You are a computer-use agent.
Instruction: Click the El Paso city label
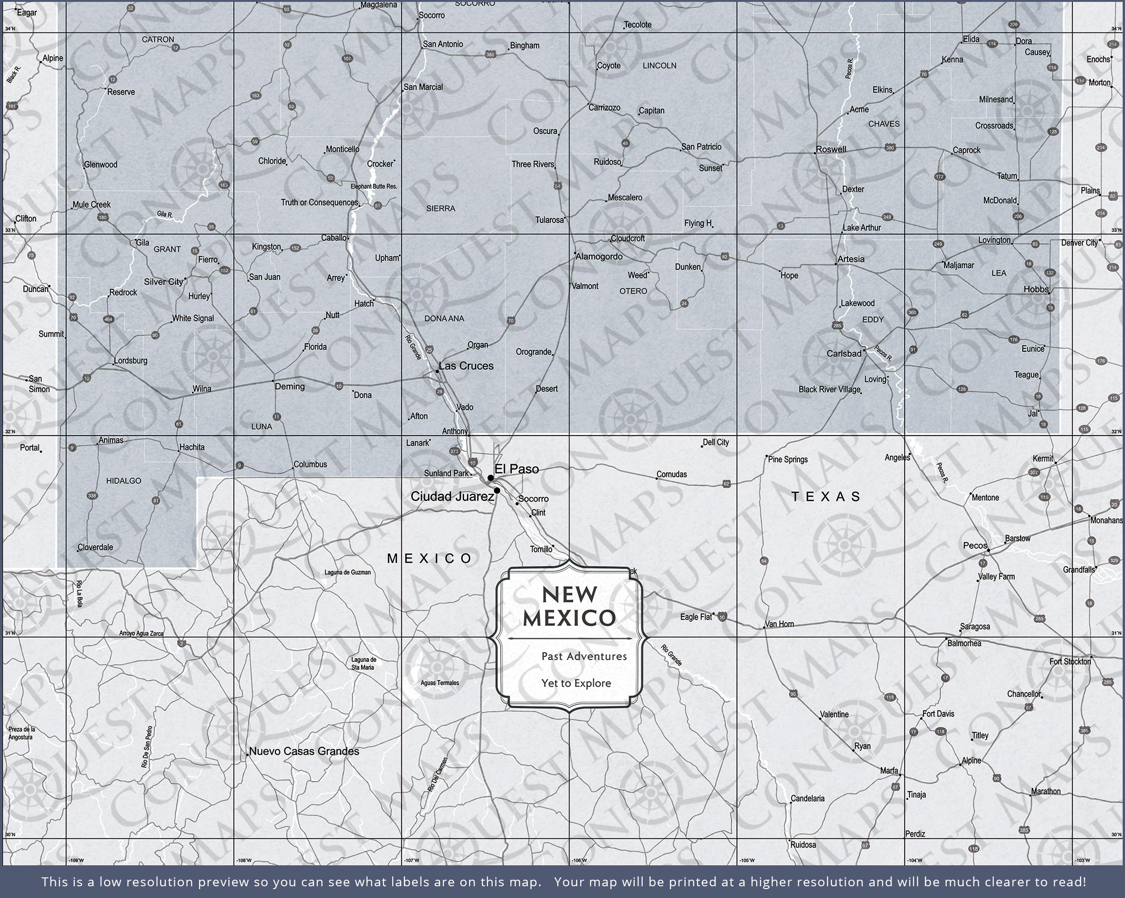point(517,469)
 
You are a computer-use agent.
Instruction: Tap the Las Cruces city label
point(466,366)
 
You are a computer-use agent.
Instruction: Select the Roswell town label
point(831,149)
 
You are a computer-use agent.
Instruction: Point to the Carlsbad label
point(844,354)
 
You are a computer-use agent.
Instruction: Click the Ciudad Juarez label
point(452,497)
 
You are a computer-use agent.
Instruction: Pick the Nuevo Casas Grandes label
point(304,751)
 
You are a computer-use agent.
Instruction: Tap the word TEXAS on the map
point(825,497)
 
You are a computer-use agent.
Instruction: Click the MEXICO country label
point(430,558)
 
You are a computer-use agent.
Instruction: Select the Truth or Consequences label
point(319,203)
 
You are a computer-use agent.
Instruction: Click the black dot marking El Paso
point(490,478)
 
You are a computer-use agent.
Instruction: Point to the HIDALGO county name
point(124,481)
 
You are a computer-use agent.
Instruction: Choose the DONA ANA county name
point(444,318)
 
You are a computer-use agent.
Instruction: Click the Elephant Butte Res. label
point(374,186)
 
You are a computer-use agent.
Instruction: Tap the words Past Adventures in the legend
point(584,657)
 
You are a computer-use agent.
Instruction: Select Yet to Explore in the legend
point(576,683)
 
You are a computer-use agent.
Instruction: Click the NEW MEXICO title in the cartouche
point(569,607)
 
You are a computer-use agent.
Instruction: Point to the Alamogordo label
point(599,257)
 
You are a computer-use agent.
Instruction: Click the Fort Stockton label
point(1070,662)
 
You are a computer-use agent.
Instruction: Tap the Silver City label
point(163,282)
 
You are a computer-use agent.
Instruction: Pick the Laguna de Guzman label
point(347,572)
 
